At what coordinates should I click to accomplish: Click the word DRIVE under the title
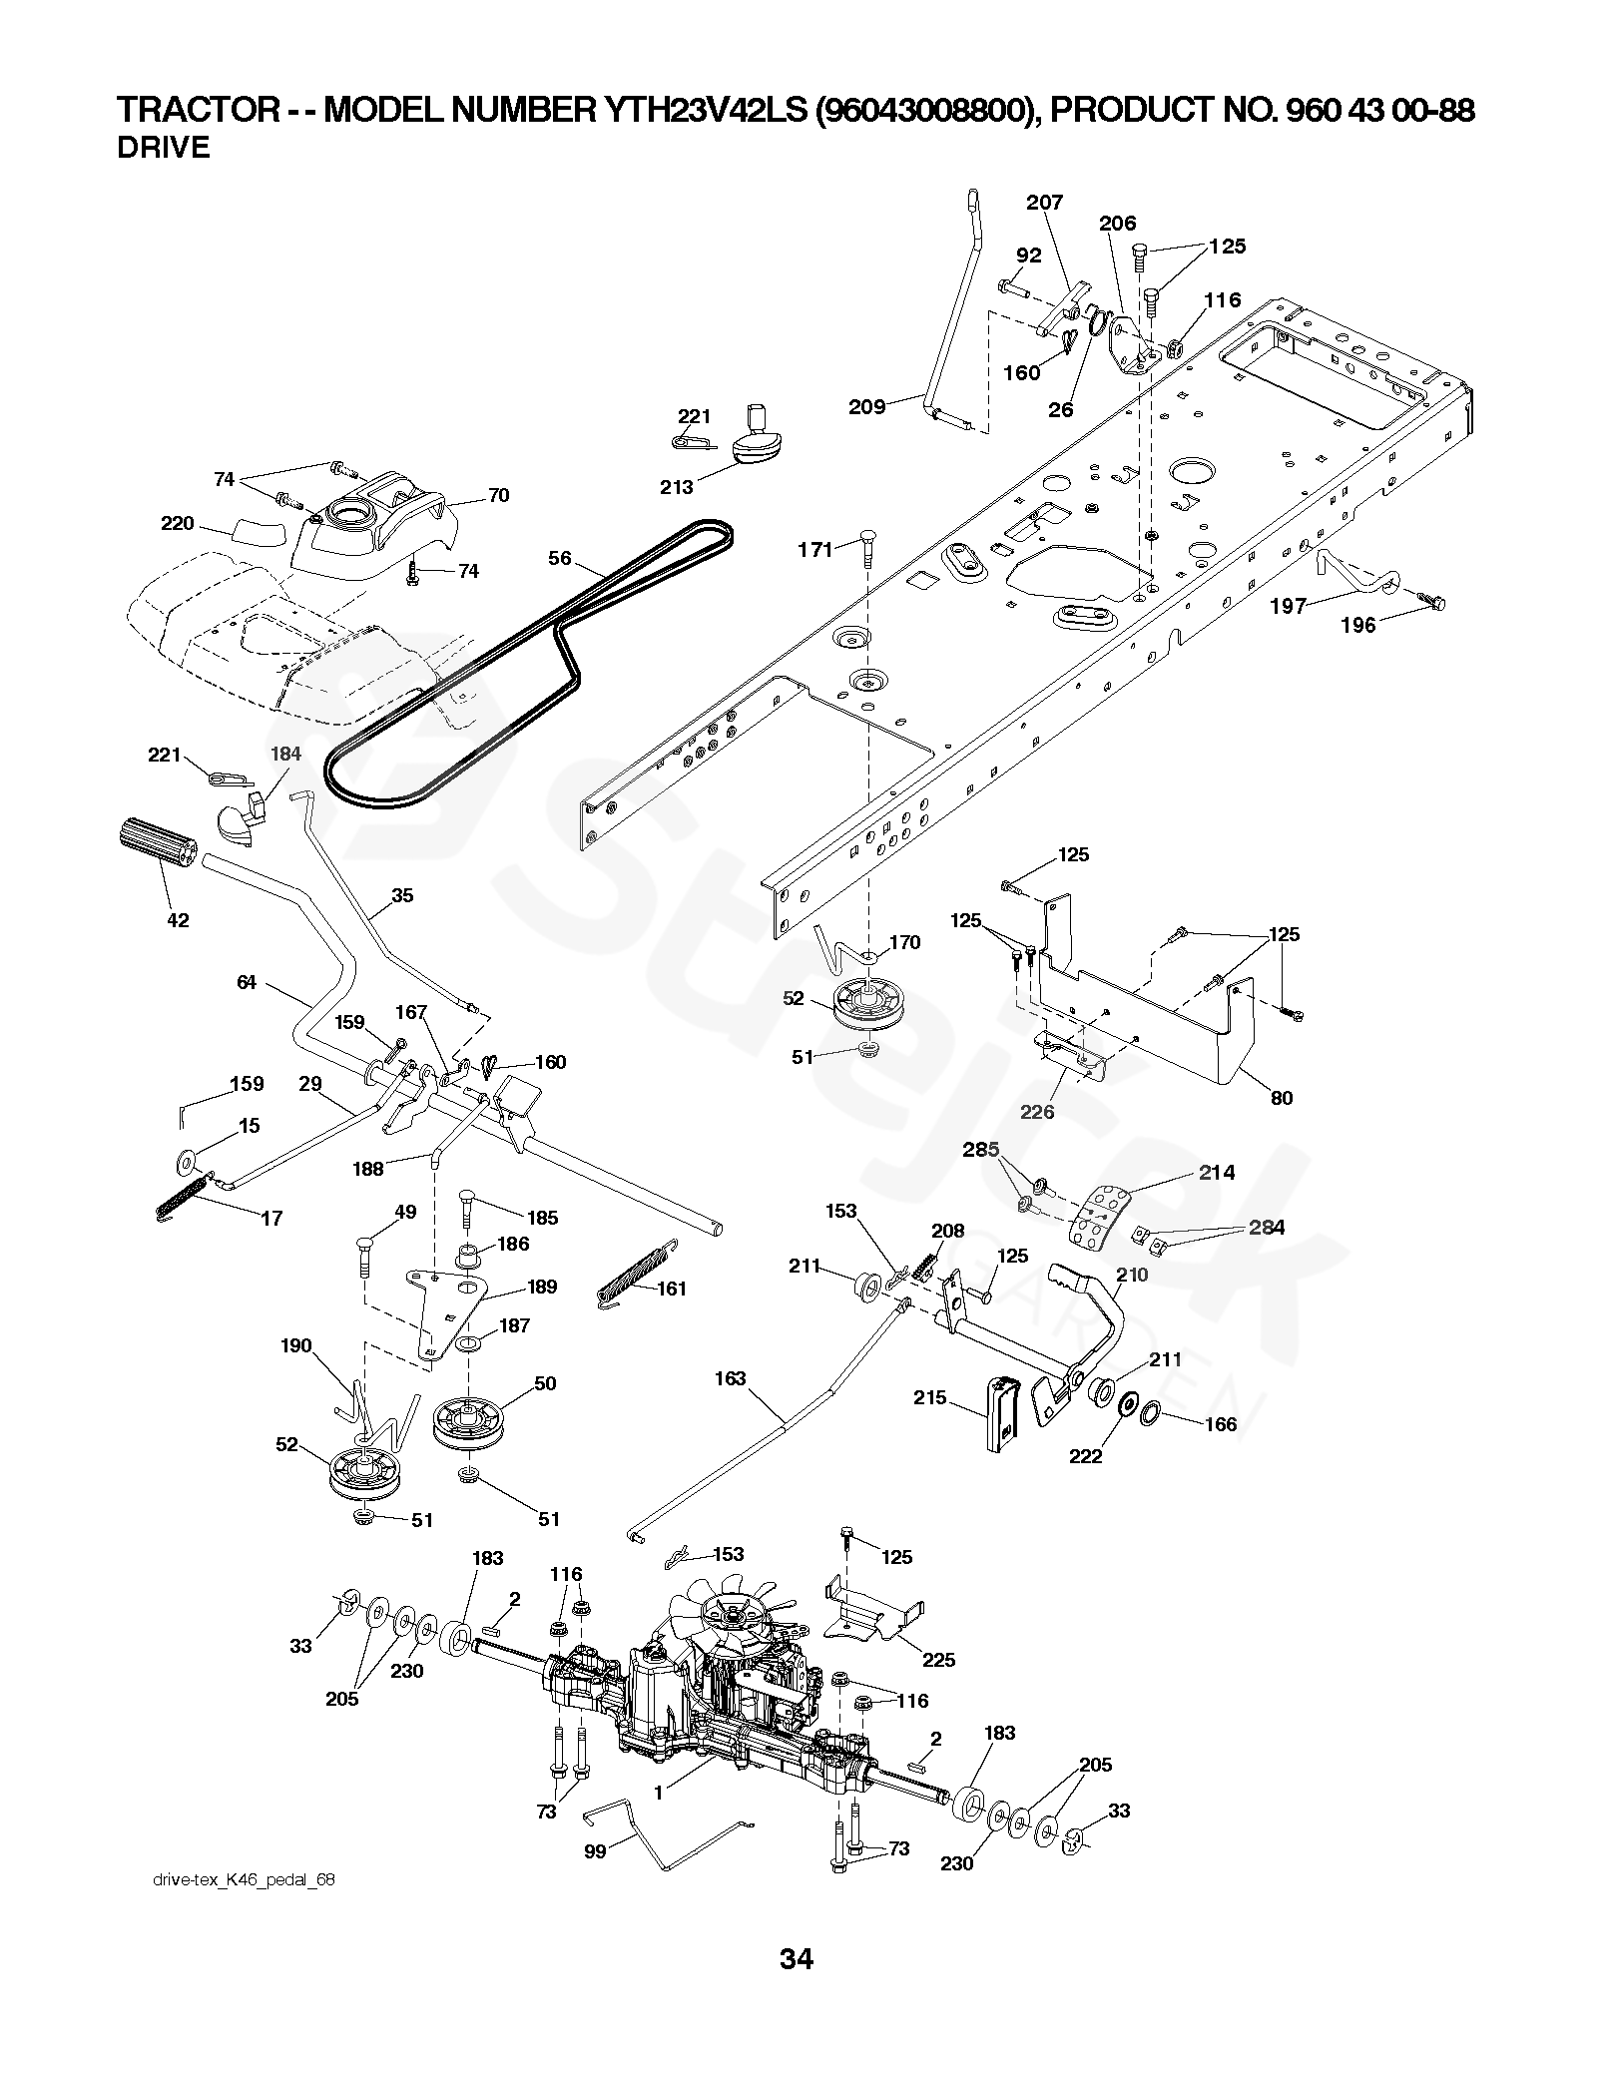point(164,148)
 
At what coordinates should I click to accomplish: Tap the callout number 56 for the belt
point(560,558)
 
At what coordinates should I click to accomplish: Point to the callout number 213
point(676,487)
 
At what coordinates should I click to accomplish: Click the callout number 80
point(1282,1098)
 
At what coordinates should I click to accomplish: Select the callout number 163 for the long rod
point(731,1378)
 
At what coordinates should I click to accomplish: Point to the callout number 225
point(939,1660)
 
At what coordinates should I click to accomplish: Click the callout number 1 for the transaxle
point(659,1793)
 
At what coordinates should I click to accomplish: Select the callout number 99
point(596,1850)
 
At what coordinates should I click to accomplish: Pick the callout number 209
point(866,406)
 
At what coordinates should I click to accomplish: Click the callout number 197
point(1288,606)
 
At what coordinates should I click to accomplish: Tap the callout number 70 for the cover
point(497,495)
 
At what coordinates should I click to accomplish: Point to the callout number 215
point(929,1397)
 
